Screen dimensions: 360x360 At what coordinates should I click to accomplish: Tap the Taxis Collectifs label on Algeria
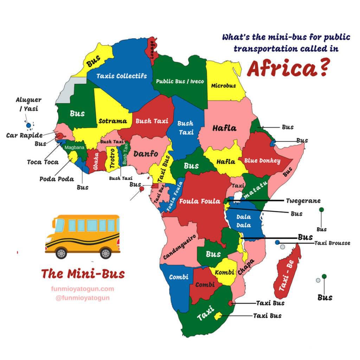121,76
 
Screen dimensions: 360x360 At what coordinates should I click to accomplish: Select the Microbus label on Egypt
223,85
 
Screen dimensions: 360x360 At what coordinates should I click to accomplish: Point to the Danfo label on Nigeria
146,154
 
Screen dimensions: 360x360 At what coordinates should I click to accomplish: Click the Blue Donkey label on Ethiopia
262,161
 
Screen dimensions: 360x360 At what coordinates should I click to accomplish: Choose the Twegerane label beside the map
303,201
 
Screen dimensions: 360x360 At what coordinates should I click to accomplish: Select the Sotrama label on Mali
112,121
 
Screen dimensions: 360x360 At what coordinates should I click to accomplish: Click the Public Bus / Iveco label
180,81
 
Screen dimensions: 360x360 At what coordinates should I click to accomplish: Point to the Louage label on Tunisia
152,49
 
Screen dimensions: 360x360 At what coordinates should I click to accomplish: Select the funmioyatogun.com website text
83,289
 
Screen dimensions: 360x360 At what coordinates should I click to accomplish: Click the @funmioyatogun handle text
83,298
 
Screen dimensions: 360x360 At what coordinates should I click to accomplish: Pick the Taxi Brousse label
332,243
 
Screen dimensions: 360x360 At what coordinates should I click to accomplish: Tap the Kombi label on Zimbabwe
224,272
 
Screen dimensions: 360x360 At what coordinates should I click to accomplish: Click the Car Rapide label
24,135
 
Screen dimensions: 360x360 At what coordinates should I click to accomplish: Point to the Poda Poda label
57,179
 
